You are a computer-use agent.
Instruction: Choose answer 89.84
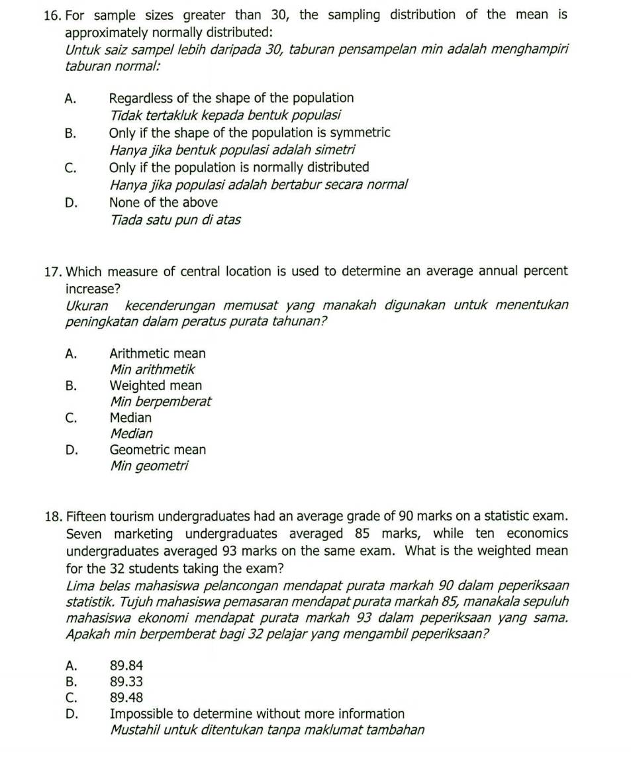click(126, 665)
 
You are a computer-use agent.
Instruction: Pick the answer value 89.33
click(126, 681)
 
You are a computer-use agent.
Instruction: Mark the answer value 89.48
click(126, 697)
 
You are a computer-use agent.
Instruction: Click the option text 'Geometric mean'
click(158, 450)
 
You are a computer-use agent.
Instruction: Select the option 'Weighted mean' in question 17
click(156, 385)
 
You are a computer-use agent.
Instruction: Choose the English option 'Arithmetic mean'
click(158, 354)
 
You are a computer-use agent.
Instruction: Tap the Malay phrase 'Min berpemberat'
click(161, 401)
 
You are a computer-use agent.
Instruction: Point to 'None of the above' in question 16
click(164, 202)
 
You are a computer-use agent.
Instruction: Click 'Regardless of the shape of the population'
click(231, 98)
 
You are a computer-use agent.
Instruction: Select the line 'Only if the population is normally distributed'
click(239, 168)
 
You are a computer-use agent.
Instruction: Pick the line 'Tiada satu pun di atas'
click(175, 219)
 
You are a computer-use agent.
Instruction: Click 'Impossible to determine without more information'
click(257, 714)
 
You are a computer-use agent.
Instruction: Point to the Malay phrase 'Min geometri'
click(149, 466)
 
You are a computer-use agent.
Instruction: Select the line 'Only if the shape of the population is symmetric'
click(250, 132)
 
